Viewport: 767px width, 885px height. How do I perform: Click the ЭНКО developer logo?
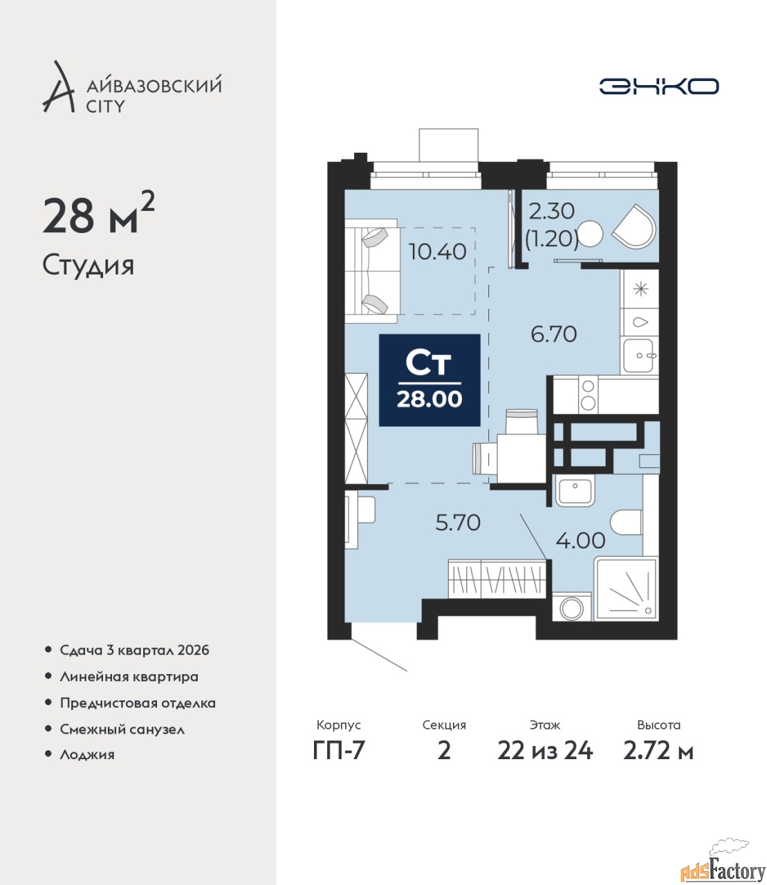point(658,86)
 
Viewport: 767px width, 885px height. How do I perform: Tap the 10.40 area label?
point(437,252)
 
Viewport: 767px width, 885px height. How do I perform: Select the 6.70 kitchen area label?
point(554,334)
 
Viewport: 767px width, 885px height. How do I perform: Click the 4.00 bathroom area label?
point(580,540)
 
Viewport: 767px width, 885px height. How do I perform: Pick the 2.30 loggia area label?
point(552,212)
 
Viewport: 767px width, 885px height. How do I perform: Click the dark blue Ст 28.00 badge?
point(429,380)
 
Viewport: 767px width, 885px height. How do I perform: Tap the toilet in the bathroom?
point(626,522)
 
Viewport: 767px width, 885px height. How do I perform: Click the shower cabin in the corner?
point(626,588)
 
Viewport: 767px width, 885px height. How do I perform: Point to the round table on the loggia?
point(590,233)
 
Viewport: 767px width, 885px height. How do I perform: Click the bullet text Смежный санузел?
point(122,729)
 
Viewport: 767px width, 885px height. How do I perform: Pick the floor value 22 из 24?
point(545,751)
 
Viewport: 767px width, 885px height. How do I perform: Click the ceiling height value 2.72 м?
point(658,751)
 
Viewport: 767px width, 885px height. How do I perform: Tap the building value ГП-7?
point(338,751)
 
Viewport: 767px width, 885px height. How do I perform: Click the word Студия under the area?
point(89,265)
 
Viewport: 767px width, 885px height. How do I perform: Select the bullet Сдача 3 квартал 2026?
point(134,651)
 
